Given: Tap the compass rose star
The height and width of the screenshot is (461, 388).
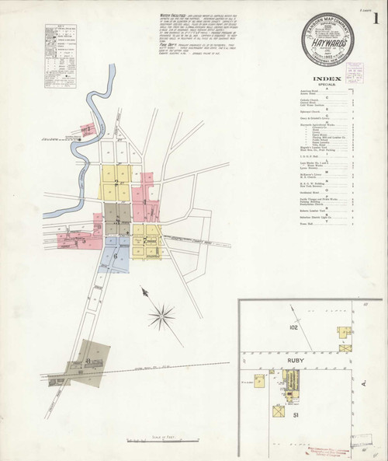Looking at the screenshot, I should pyautogui.click(x=162, y=315).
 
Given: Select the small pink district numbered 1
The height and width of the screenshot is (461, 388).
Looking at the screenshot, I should pyautogui.click(x=89, y=129).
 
